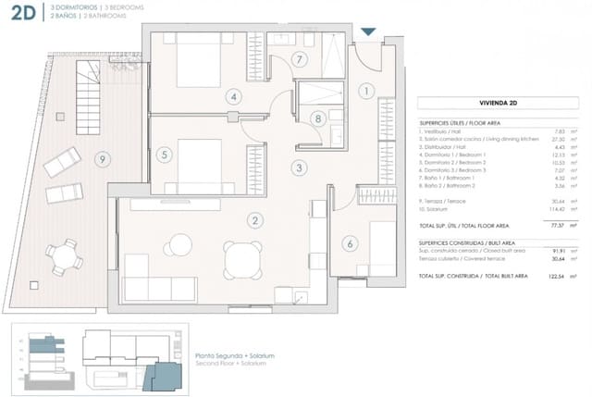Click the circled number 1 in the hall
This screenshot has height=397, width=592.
pyautogui.click(x=366, y=91)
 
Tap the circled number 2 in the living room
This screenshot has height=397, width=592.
pyautogui.click(x=253, y=220)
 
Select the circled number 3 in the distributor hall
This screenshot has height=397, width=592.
pyautogui.click(x=299, y=167)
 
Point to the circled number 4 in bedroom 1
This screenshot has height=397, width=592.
pyautogui.click(x=235, y=95)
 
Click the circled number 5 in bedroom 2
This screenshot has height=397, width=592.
pyautogui.click(x=164, y=155)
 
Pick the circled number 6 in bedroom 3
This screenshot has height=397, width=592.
pyautogui.click(x=350, y=244)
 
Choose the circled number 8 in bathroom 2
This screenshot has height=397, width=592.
pyautogui.click(x=317, y=118)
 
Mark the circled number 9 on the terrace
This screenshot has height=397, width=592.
pyautogui.click(x=102, y=159)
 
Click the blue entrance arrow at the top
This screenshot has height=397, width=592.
pyautogui.click(x=367, y=32)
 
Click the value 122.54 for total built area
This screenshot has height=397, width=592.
pyautogui.click(x=556, y=276)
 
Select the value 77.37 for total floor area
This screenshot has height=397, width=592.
pyautogui.click(x=557, y=225)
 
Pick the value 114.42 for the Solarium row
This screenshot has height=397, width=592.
pyautogui.click(x=556, y=209)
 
